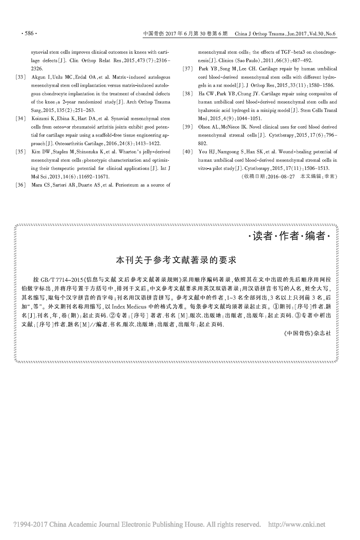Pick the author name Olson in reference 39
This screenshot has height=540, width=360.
[204, 127]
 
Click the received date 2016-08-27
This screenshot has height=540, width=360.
[282, 176]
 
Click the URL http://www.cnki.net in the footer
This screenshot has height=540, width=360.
[297, 525]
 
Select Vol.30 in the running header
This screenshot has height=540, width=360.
[314, 34]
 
